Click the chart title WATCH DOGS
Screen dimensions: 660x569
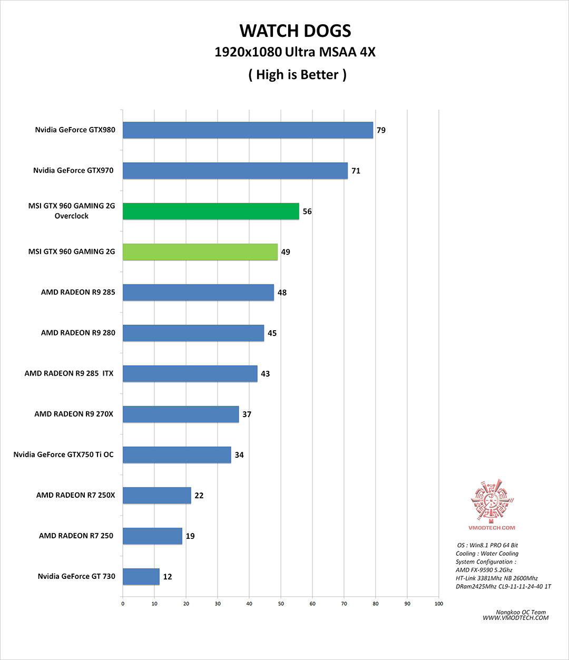[295, 31]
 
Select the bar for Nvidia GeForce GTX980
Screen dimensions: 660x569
[248, 130]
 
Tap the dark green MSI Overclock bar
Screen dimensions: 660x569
[211, 211]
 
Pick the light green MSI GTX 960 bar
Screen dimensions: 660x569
[200, 252]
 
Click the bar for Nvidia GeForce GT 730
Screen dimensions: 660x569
[141, 576]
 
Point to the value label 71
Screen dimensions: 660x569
[356, 171]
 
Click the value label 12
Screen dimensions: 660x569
[168, 577]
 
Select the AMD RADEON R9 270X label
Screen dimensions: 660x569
[74, 414]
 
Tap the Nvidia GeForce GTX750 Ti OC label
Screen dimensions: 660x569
[64, 455]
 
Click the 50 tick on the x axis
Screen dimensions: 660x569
[281, 604]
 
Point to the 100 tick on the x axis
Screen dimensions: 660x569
[439, 604]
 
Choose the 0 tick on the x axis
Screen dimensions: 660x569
[123, 604]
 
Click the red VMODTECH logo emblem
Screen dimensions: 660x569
[492, 500]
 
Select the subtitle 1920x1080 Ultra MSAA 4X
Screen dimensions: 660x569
[295, 52]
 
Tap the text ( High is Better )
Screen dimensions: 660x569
[297, 75]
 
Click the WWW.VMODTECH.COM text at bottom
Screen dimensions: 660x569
[515, 618]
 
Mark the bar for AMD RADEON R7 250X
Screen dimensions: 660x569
[157, 495]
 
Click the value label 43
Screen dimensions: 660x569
[266, 373]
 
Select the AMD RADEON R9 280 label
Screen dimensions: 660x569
[78, 333]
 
